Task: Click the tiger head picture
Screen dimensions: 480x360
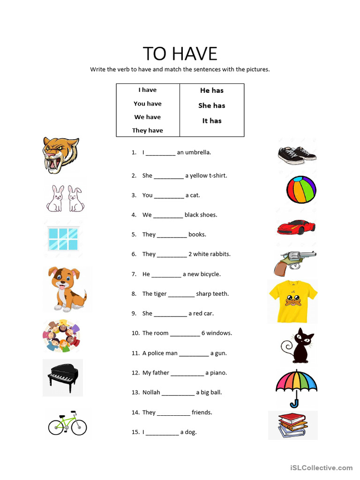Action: tap(60, 155)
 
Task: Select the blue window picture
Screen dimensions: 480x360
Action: tap(63, 239)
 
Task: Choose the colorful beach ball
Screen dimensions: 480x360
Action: tap(301, 190)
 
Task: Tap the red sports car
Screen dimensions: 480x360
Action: tap(296, 227)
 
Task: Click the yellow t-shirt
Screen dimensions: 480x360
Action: tap(293, 300)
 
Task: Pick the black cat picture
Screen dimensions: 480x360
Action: tap(298, 346)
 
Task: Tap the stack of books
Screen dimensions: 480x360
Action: tap(292, 425)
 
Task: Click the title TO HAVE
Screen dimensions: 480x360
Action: tap(180, 54)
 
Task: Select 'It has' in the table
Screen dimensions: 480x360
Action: tap(212, 121)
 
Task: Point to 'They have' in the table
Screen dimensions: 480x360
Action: tap(147, 130)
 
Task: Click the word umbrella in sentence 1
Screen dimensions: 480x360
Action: tap(198, 152)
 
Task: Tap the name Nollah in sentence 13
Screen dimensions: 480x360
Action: tap(151, 392)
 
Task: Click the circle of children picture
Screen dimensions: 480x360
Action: tap(61, 336)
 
